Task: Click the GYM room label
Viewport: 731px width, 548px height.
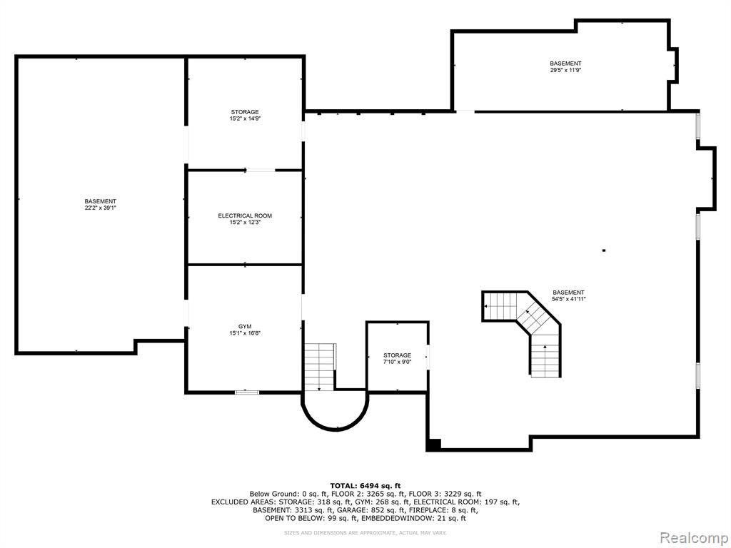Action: coord(244,326)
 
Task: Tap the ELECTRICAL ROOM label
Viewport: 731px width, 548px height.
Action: coord(245,215)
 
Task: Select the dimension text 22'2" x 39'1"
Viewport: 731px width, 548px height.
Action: coord(100,208)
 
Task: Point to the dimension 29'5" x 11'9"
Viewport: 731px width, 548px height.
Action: coord(565,70)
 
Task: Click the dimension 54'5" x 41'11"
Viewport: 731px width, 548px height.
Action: coord(568,299)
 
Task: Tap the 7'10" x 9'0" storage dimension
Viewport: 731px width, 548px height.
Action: coord(397,362)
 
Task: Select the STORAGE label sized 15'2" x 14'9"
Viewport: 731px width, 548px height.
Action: coord(245,112)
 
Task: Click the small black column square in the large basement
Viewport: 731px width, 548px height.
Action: coord(604,250)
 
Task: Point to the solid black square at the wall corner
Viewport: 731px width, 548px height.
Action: coord(433,445)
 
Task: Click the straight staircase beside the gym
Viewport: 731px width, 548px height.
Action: coord(320,367)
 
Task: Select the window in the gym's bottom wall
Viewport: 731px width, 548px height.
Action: coord(246,392)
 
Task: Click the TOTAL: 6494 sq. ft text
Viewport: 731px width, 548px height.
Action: coord(365,485)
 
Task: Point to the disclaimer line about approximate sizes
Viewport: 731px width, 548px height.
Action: coord(365,532)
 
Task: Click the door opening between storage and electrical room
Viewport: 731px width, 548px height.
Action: coord(261,171)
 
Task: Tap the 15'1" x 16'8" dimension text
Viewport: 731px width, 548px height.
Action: coord(245,333)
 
